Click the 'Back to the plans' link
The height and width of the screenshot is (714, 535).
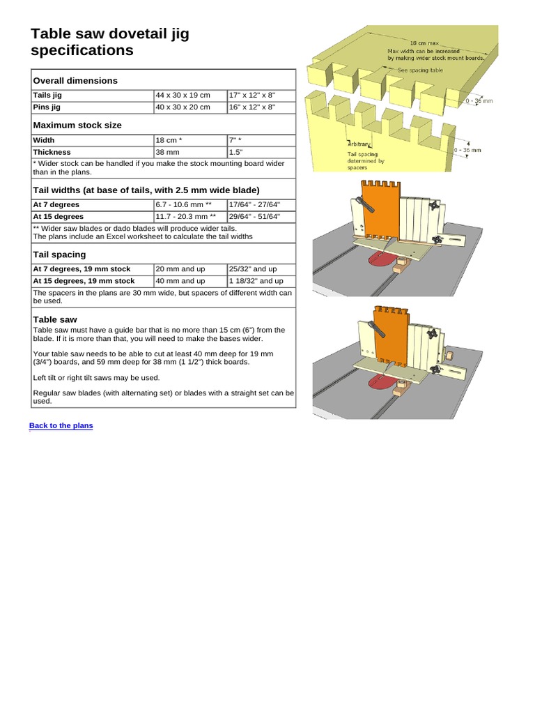click(61, 425)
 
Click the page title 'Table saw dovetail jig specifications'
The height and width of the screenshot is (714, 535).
click(110, 42)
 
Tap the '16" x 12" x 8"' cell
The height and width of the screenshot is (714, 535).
click(252, 107)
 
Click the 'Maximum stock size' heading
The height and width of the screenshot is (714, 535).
click(77, 126)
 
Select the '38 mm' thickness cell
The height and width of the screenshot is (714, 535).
click(168, 152)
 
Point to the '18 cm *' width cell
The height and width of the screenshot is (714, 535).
click(169, 140)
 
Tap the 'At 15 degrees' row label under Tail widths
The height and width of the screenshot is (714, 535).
click(58, 217)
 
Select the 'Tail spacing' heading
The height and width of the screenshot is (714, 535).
click(60, 255)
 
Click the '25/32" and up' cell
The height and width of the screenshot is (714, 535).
click(254, 269)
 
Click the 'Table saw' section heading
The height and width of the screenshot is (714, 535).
click(54, 319)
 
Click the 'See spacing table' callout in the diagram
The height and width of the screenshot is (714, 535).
click(422, 70)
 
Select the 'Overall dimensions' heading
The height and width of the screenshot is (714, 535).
click(76, 81)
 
